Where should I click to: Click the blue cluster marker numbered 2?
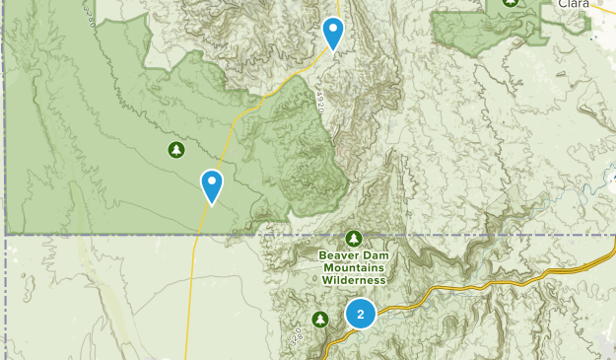tap(361, 315)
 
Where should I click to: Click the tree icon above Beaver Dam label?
tap(354, 238)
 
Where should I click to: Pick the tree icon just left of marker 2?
tap(320, 319)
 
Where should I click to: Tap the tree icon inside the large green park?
tap(175, 150)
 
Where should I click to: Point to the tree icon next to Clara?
tap(511, 3)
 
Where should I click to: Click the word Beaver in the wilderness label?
tap(339, 256)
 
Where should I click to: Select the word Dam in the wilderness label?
tap(377, 256)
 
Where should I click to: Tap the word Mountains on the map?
tap(354, 267)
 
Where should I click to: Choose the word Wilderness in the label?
tap(354, 279)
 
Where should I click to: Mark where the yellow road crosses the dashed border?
tap(198, 235)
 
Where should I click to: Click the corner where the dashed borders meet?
tap(6, 235)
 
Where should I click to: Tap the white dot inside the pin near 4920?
tap(334, 29)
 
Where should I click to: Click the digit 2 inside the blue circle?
tap(361, 315)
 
